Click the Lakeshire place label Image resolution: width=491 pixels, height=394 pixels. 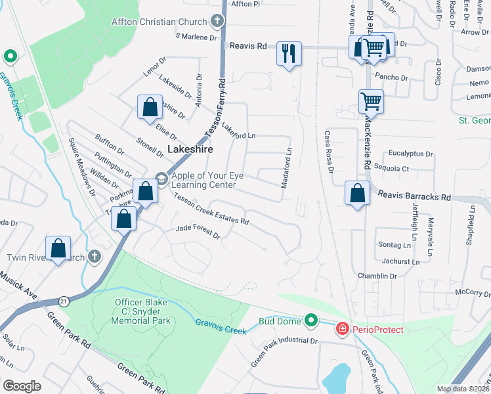190,149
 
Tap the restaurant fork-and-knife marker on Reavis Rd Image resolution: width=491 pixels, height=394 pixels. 289,53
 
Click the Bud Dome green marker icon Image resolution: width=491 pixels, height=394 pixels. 311,320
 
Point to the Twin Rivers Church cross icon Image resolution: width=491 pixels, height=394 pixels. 94,255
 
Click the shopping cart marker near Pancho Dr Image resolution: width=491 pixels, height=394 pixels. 371,101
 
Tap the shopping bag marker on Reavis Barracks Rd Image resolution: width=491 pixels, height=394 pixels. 356,193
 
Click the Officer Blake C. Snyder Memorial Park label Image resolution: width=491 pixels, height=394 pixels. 133,311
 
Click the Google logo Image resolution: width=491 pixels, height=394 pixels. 22,385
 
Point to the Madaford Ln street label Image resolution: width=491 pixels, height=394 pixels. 286,169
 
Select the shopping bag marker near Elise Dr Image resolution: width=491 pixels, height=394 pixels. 150,106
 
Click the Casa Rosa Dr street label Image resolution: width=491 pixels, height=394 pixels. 328,152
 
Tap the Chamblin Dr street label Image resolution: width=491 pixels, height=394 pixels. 377,276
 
